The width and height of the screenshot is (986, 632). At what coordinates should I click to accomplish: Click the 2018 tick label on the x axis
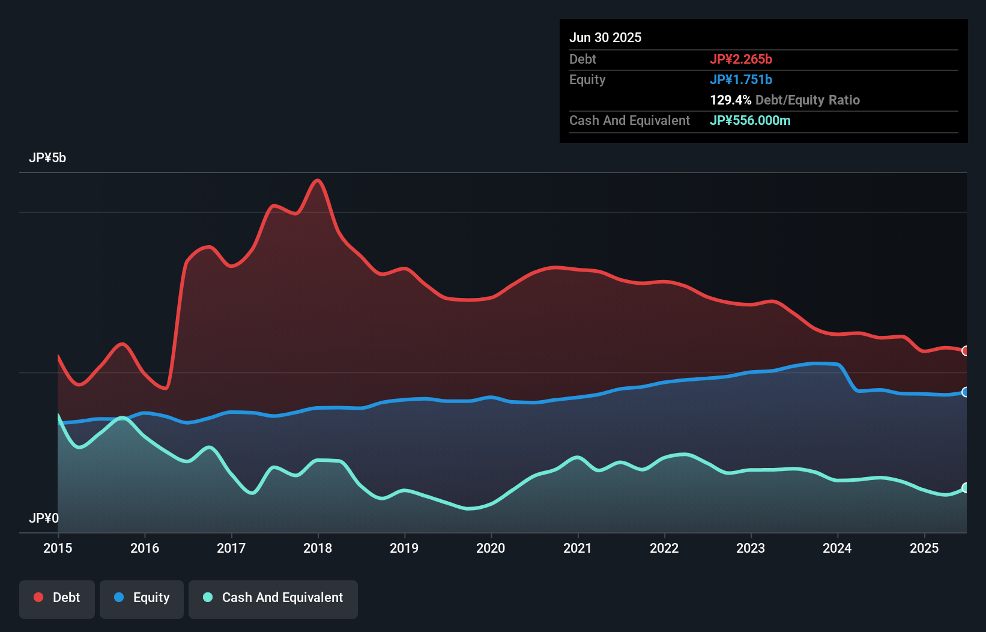pyautogui.click(x=318, y=548)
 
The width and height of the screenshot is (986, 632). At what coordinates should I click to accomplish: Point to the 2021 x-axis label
pyautogui.click(x=577, y=548)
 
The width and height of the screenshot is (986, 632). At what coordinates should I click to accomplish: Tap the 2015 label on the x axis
pyautogui.click(x=58, y=548)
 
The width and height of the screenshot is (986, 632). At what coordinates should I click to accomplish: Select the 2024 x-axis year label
pyautogui.click(x=837, y=548)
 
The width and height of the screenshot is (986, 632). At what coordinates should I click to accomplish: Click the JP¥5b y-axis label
pyautogui.click(x=47, y=158)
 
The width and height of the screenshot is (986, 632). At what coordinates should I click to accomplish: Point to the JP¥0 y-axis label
pyautogui.click(x=44, y=518)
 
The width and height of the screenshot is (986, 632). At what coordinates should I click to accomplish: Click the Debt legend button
pyautogui.click(x=57, y=598)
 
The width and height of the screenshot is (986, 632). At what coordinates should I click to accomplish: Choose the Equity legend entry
pyautogui.click(x=142, y=598)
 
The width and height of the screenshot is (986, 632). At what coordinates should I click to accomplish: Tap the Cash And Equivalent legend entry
pyautogui.click(x=273, y=598)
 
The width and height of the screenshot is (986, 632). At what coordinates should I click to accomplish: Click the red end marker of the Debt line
pyautogui.click(x=966, y=351)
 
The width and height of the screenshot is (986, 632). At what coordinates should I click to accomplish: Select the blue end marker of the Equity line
pyautogui.click(x=966, y=392)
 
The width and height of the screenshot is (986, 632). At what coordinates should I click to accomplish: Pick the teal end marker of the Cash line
pyautogui.click(x=966, y=488)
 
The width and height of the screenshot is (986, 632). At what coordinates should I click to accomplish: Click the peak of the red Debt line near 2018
pyautogui.click(x=318, y=180)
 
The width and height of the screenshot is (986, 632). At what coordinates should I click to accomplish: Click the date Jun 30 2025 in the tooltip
pyautogui.click(x=605, y=37)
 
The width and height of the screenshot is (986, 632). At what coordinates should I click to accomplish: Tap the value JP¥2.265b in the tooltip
pyautogui.click(x=741, y=59)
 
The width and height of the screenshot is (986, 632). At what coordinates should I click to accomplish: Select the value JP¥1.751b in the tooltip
pyautogui.click(x=741, y=79)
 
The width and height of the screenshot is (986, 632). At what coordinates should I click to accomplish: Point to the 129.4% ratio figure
pyautogui.click(x=731, y=100)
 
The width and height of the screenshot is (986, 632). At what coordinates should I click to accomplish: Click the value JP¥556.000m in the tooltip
pyautogui.click(x=750, y=120)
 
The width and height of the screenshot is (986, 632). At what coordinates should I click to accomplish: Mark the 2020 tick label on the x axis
pyautogui.click(x=491, y=548)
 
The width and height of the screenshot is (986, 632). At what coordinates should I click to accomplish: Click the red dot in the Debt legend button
pyautogui.click(x=38, y=597)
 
